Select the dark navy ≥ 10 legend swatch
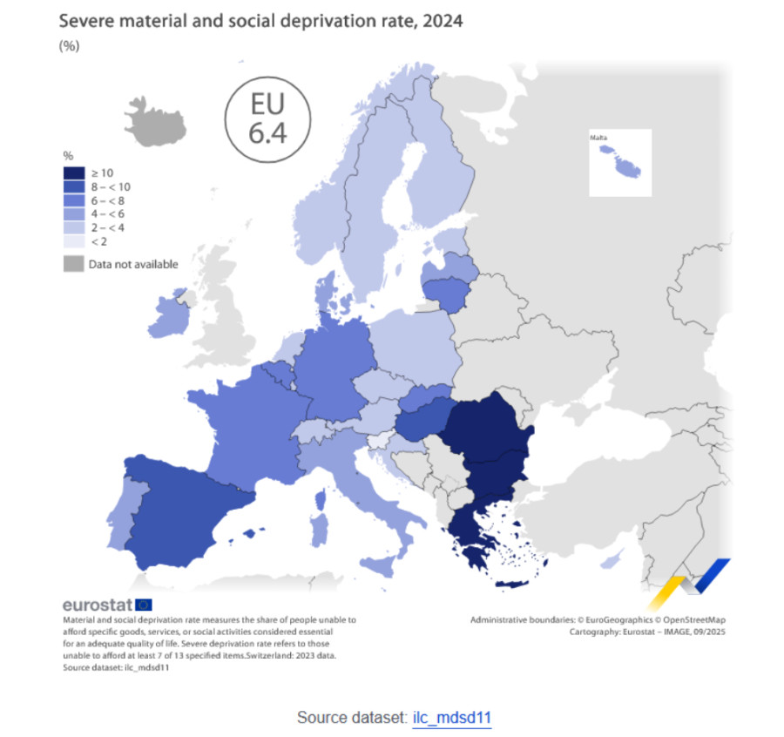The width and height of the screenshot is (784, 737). [74, 173]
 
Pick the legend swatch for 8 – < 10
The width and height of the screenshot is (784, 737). [74, 186]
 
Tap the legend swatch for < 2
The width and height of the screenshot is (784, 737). [74, 241]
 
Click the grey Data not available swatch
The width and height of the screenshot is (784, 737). [74, 263]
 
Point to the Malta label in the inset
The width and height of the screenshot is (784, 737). [603, 138]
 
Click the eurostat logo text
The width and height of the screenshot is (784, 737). [96, 604]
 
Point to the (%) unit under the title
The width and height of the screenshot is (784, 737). [69, 46]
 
